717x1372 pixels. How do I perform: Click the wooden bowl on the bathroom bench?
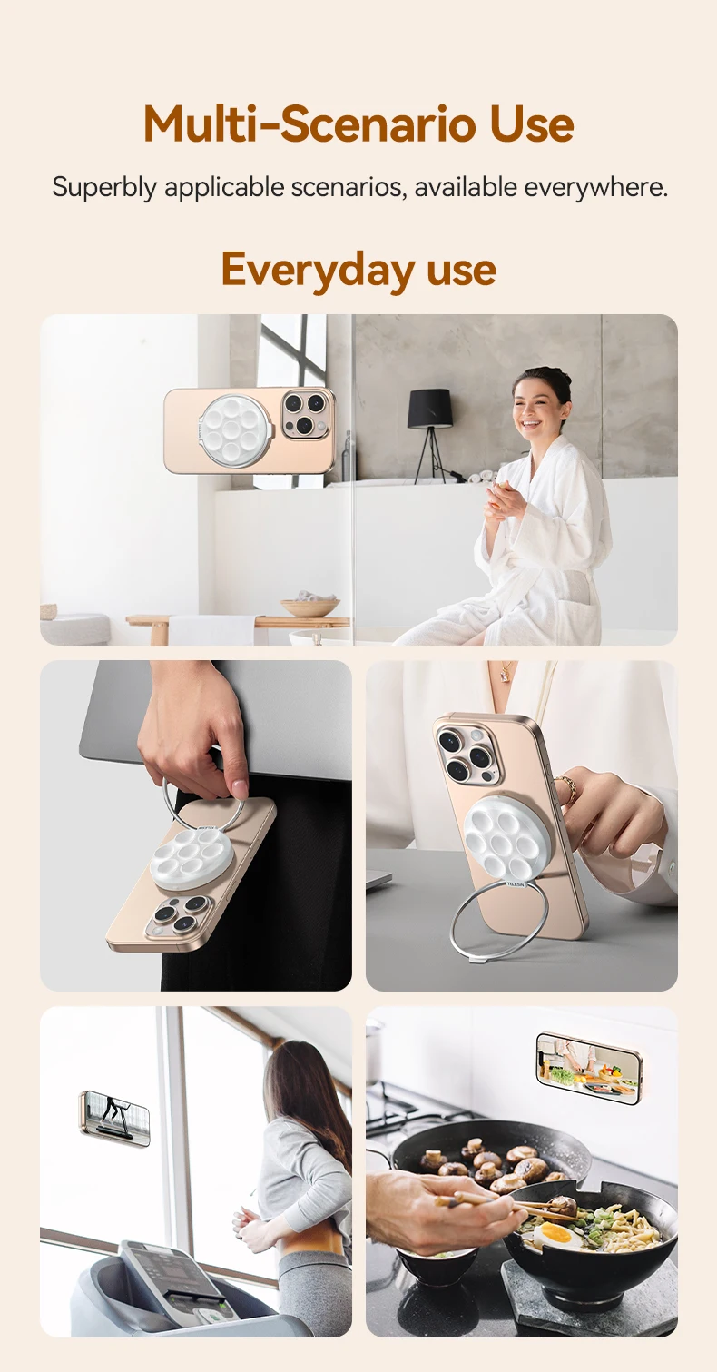309,607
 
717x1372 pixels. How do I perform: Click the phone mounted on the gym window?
114,1118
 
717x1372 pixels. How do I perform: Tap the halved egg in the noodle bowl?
557,1234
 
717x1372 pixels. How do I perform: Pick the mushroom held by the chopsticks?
561,1206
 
